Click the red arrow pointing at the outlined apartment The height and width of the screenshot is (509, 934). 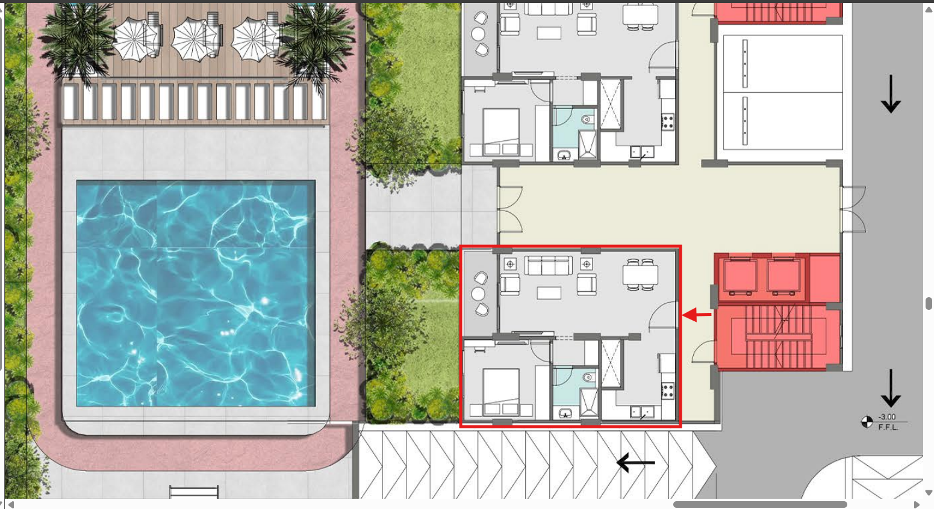tap(697, 315)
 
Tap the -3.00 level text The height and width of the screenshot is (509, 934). tap(887, 417)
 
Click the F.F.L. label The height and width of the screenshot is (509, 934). tap(888, 427)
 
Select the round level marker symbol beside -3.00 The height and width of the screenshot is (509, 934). tap(867, 422)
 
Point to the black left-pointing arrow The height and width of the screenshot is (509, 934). tap(635, 462)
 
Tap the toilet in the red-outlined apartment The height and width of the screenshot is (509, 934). tap(588, 378)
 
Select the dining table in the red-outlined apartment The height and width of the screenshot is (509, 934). tap(641, 274)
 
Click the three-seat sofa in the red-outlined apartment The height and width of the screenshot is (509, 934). tap(549, 265)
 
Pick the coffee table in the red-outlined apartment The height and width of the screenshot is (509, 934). tap(549, 293)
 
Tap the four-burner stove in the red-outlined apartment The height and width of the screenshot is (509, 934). tap(668, 391)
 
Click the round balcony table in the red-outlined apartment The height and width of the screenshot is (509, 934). tap(478, 294)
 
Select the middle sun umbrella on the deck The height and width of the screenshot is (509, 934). tap(194, 40)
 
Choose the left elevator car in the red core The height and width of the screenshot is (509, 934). tap(741, 276)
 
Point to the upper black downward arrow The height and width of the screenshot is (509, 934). tap(891, 94)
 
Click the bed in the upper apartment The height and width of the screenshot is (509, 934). tap(501, 131)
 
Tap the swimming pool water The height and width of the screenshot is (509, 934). tap(196, 293)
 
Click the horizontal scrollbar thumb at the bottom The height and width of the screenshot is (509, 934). tap(760, 504)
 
